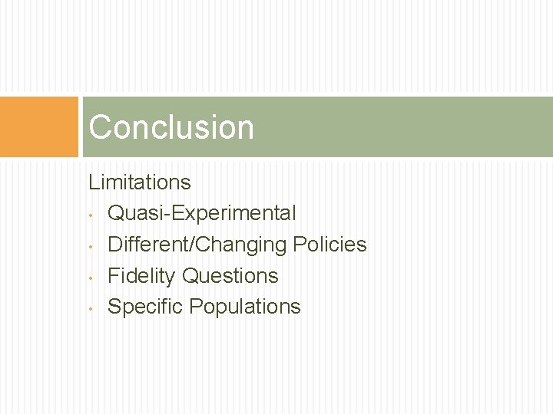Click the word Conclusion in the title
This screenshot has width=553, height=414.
tap(171, 127)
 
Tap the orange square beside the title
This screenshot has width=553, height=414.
tap(39, 127)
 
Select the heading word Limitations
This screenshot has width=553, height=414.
tap(139, 182)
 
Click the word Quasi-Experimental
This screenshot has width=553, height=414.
tap(201, 213)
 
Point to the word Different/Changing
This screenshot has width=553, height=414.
tap(197, 245)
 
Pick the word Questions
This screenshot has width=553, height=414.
tap(230, 275)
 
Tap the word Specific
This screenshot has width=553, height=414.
tap(145, 307)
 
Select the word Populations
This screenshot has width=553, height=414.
tap(245, 307)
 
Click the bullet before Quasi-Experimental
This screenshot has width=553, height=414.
tap(91, 215)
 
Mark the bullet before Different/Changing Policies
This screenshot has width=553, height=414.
tap(91, 246)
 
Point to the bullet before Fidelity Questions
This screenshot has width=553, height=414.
tap(91, 277)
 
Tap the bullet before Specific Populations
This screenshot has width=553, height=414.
tap(91, 308)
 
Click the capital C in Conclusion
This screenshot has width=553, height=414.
tap(100, 127)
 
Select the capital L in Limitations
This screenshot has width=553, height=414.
tap(93, 182)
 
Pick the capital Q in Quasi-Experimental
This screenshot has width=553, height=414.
tap(116, 213)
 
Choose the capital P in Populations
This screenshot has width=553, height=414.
tap(195, 307)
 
